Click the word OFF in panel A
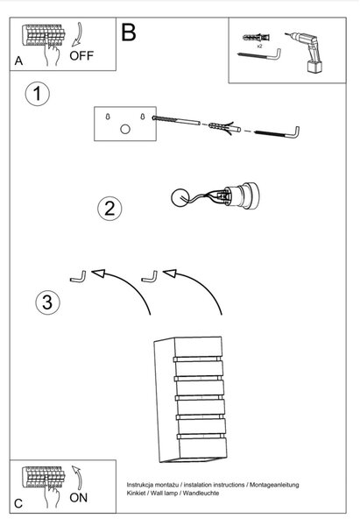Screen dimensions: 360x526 pos(81,56)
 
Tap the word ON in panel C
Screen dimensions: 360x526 pos(79,497)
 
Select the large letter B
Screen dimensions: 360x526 pos(129,32)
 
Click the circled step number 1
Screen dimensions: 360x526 pos(38,94)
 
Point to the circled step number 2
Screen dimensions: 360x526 pos(109,209)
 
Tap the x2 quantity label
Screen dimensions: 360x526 pos(259,46)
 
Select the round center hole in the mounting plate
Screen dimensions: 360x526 pos(125,129)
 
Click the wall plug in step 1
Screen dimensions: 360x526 pos(224,128)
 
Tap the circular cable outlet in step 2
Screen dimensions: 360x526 pos(180,197)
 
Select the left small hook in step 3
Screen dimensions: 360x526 pos(78,278)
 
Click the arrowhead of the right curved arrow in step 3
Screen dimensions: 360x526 pos(170,273)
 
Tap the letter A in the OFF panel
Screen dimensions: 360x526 pos(18,60)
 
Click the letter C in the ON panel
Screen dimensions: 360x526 pos(18,503)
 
